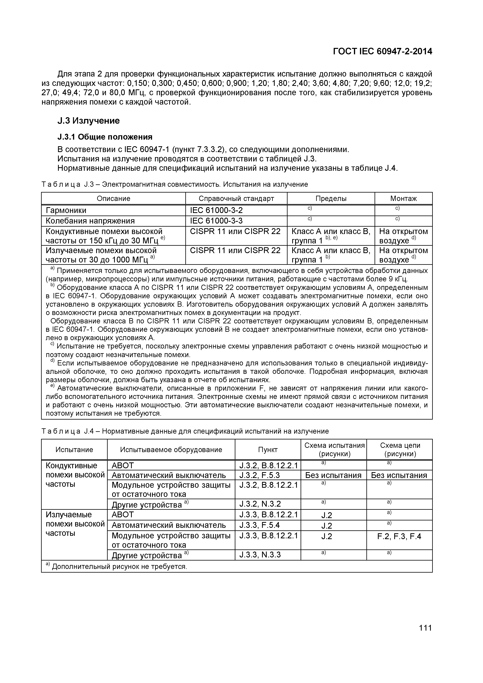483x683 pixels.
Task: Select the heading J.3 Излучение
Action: coord(88,121)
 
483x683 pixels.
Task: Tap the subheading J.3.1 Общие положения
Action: coord(105,137)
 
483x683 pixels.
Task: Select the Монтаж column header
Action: coord(403,198)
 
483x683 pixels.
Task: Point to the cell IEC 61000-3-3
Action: coord(216,221)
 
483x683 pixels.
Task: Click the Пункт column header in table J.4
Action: coord(268,450)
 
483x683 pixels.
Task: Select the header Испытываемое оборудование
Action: coord(171,450)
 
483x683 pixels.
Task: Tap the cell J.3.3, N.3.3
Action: coord(260,555)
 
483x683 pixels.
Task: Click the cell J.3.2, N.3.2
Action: coord(260,504)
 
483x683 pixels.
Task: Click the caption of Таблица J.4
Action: coord(185,431)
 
